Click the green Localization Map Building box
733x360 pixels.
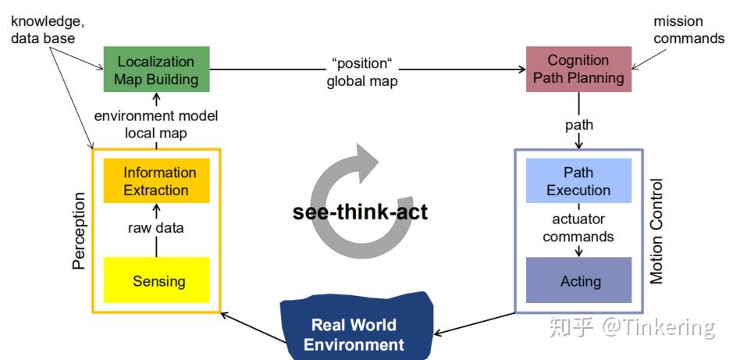click(157, 70)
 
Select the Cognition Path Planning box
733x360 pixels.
click(578, 70)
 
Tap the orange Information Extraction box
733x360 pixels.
click(157, 180)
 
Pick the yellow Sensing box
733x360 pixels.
click(157, 280)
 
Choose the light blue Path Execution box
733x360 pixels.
click(578, 180)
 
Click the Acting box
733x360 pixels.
click(578, 280)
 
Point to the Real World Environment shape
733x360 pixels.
click(355, 327)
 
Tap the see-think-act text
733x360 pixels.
click(360, 212)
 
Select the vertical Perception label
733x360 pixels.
click(80, 230)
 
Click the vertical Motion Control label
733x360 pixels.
click(656, 231)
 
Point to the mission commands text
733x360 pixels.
click(689, 30)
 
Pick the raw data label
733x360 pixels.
click(156, 228)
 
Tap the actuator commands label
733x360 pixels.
click(578, 228)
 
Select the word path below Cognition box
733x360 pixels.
click(579, 125)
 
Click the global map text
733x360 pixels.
click(362, 81)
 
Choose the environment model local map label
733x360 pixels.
click(156, 124)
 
